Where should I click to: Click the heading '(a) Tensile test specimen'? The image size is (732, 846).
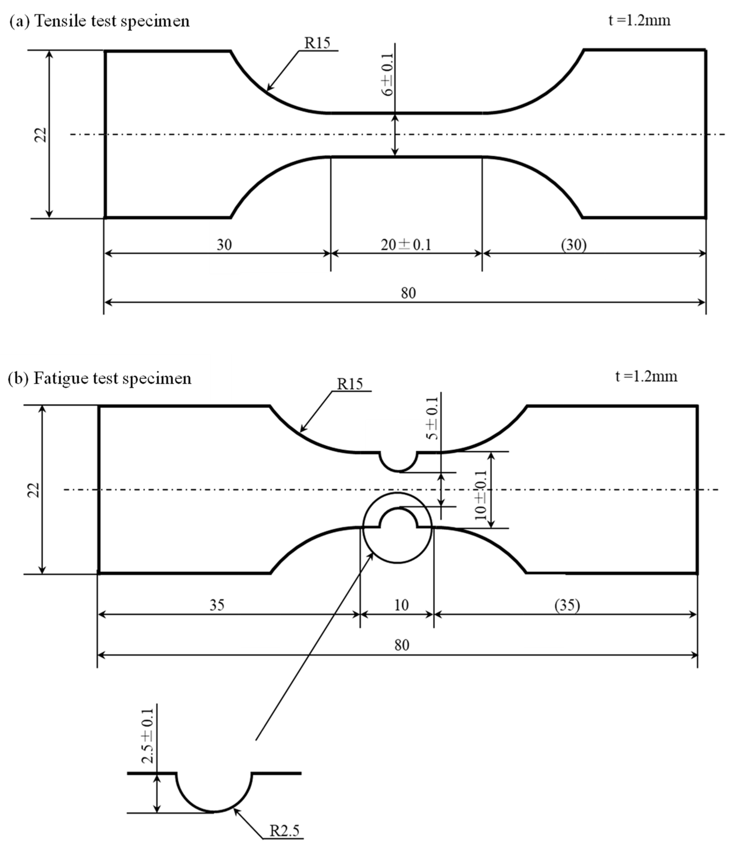99,21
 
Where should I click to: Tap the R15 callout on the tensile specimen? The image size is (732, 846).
317,43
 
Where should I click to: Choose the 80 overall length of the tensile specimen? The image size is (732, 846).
408,293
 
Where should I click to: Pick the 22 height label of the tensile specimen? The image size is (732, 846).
41,135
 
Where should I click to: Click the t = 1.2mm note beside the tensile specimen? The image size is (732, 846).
639,20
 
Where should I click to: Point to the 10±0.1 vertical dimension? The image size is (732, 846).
481,495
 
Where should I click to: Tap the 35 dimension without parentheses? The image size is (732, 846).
217,605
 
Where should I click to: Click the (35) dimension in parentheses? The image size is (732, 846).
567,605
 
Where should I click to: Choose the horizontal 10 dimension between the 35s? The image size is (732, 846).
401,605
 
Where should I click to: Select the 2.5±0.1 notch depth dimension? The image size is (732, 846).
148,736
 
